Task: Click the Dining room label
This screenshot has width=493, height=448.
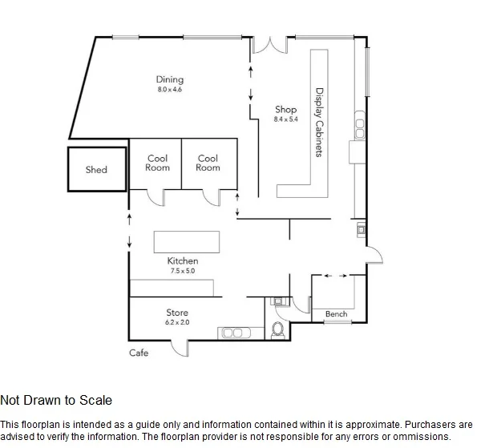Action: coord(170,79)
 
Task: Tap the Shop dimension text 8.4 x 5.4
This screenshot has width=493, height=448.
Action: coord(285,119)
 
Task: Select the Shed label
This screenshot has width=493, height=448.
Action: coord(96,170)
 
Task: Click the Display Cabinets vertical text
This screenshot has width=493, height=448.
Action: coord(319,122)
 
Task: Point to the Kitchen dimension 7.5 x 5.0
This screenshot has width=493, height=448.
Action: coord(183,271)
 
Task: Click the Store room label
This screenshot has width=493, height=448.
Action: coord(177,313)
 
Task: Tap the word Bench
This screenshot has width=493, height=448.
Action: coord(337,313)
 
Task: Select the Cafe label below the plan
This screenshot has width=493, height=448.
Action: coord(139,353)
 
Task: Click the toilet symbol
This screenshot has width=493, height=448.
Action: coord(277,330)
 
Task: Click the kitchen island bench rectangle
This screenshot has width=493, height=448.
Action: coord(187,242)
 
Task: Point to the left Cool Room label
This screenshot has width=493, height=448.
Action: coord(157,163)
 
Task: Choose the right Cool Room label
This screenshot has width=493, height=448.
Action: coord(208,163)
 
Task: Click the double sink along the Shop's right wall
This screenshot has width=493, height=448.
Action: coord(360,125)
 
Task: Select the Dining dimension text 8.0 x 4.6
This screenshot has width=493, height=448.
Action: coord(170,89)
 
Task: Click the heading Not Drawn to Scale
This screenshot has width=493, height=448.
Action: coord(56,400)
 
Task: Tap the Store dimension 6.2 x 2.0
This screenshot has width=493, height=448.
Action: coord(177,322)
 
